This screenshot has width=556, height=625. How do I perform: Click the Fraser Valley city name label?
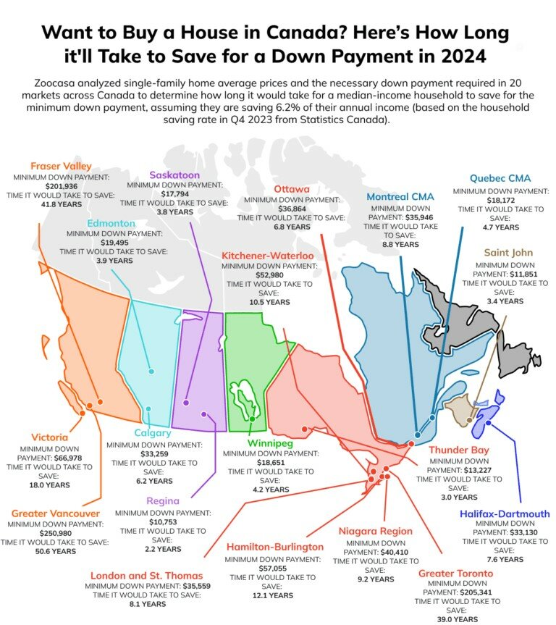61,166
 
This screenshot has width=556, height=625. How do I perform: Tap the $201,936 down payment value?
61,185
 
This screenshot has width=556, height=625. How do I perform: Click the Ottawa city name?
292,189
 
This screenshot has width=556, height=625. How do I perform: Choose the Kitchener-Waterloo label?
268,256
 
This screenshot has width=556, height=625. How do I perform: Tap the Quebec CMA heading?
500,178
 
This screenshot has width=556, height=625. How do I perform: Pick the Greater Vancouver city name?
56,513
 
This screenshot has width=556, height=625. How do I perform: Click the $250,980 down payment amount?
55,533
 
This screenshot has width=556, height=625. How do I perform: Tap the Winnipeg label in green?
269,443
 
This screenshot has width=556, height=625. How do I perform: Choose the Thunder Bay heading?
459,450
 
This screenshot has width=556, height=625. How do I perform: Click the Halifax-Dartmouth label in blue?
505,513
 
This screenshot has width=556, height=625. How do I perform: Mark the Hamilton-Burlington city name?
272,547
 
